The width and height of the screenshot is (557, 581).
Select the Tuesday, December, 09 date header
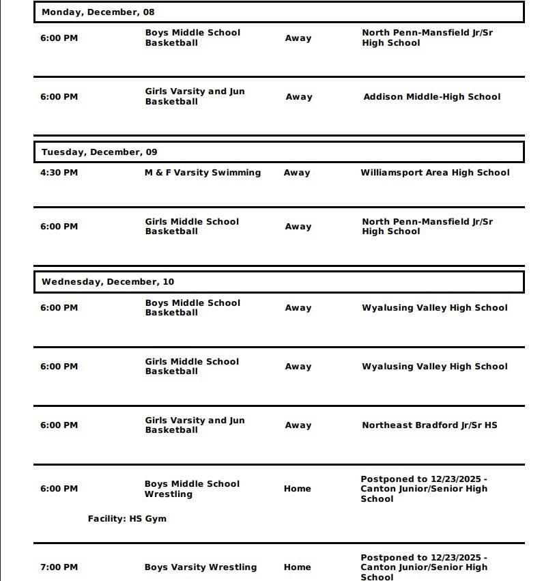(x=99, y=152)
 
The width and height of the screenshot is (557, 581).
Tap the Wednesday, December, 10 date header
(x=107, y=282)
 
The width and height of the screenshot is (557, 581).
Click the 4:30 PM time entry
(x=59, y=173)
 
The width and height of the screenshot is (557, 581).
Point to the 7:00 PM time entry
(x=59, y=567)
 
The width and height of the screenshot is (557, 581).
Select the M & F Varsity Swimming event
(x=202, y=173)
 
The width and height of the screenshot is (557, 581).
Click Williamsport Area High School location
(x=435, y=173)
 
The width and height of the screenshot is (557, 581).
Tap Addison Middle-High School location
(x=431, y=97)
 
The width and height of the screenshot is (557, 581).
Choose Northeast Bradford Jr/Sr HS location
(x=429, y=425)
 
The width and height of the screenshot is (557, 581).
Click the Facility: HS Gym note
(x=127, y=519)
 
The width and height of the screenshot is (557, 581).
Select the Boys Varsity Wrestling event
(x=201, y=567)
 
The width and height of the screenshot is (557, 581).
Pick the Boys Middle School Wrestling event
(x=192, y=489)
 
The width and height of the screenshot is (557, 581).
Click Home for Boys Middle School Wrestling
(x=297, y=489)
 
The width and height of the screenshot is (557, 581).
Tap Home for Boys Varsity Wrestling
(x=297, y=567)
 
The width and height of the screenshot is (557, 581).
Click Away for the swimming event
(x=297, y=173)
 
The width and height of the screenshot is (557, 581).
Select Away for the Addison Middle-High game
(x=298, y=97)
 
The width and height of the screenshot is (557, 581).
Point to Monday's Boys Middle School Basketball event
(x=192, y=38)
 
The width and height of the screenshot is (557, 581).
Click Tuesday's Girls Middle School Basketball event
(x=192, y=227)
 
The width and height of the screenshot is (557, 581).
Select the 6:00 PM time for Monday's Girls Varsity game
(x=59, y=97)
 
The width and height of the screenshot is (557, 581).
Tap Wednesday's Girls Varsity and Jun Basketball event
(x=195, y=425)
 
